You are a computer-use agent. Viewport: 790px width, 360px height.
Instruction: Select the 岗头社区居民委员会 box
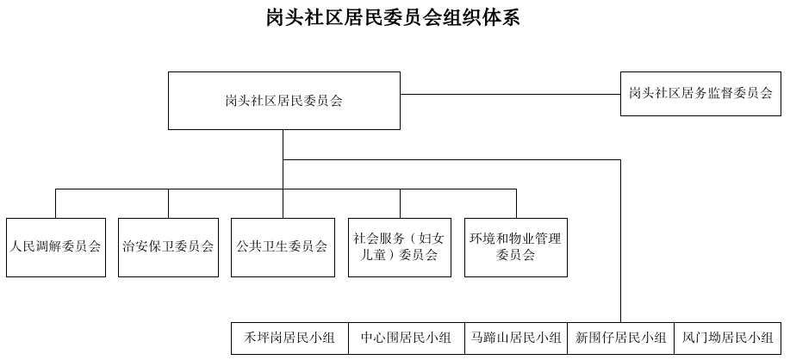(283, 101)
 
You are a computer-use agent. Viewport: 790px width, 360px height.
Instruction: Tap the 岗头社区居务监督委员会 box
(700, 93)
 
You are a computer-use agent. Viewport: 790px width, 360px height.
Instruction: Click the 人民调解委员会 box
(55, 246)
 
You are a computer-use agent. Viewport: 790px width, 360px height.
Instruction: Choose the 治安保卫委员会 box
(168, 246)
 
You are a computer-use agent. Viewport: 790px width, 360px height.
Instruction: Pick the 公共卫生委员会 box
(282, 246)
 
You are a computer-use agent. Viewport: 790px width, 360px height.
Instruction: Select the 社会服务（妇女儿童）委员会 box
(399, 246)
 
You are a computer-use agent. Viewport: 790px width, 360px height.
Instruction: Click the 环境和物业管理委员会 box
(515, 246)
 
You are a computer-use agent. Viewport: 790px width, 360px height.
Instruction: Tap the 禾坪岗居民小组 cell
(289, 338)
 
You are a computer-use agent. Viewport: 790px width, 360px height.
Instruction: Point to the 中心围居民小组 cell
(405, 338)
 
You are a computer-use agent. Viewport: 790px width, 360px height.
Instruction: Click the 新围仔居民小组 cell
(620, 338)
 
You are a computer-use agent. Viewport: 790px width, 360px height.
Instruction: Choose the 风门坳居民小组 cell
(727, 338)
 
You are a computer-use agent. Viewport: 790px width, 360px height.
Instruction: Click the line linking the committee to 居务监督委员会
(510, 94)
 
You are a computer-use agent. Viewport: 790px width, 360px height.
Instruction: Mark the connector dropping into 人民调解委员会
(55, 202)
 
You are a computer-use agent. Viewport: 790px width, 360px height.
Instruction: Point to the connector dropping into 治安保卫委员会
(168, 202)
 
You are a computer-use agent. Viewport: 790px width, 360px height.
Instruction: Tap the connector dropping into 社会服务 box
(399, 202)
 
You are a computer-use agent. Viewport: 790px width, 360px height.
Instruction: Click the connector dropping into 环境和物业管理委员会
(515, 202)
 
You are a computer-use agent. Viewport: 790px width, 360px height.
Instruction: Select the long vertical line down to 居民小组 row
(620, 241)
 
